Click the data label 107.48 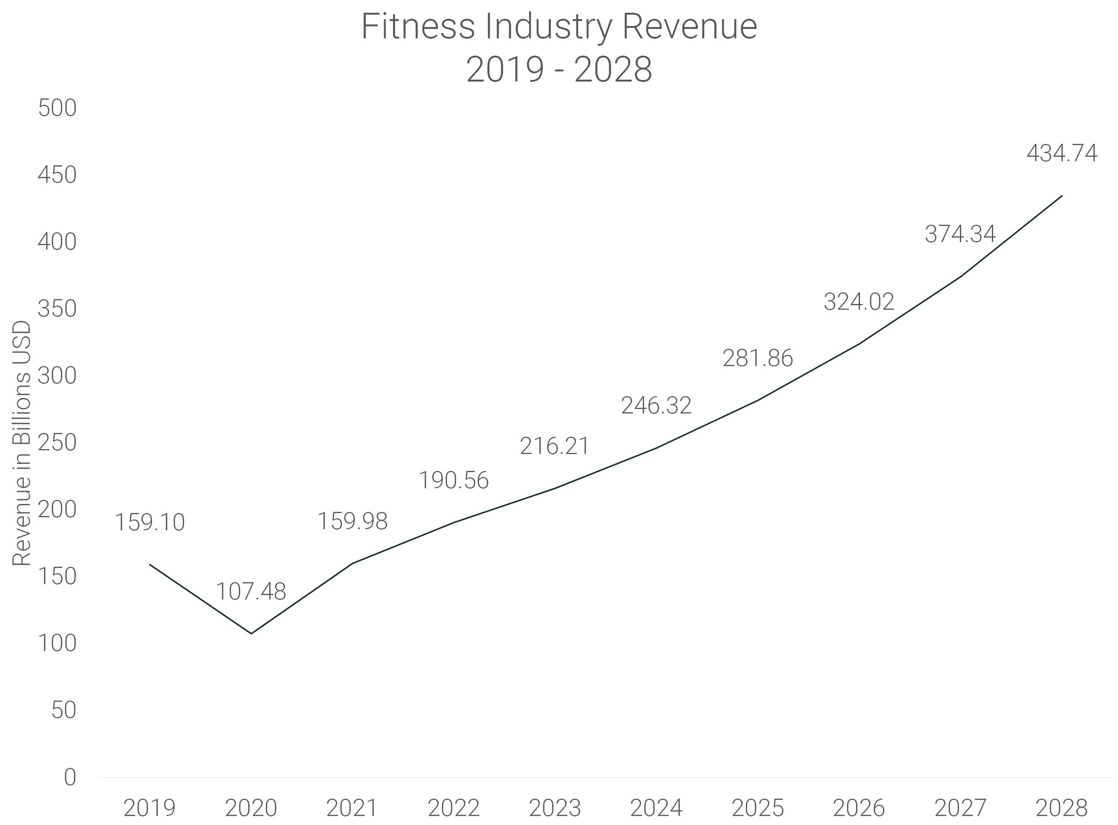(x=250, y=592)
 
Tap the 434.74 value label (x=1062, y=153)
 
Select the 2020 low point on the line (x=251, y=633)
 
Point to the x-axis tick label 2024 (x=656, y=807)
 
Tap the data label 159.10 (x=150, y=522)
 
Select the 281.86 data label (x=757, y=358)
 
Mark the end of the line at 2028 (x=1061, y=196)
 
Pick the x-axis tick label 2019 (x=150, y=807)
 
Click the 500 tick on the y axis (x=57, y=108)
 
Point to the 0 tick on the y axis (x=70, y=777)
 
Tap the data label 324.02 (x=858, y=302)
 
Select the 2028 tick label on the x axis (x=1061, y=807)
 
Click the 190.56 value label (x=453, y=480)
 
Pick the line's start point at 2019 (x=150, y=564)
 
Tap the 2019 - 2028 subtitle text (x=559, y=70)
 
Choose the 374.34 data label (x=960, y=234)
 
